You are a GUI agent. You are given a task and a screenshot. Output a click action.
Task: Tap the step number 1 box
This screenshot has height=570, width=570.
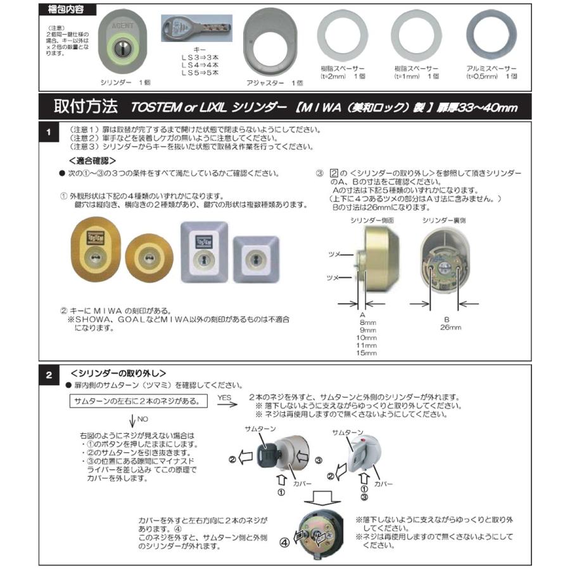[x=49, y=133]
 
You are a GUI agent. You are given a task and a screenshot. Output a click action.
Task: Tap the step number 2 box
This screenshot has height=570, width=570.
[x=49, y=374]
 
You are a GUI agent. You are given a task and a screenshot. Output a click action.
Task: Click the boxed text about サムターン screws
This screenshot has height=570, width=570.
[x=137, y=401]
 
